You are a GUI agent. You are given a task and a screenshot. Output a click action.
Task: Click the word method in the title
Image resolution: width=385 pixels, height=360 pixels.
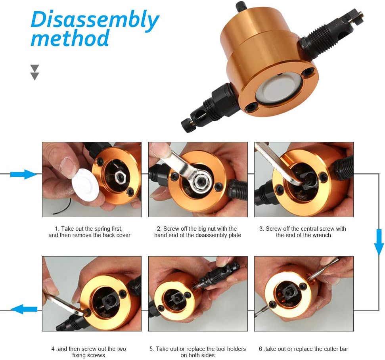pyautogui.click(x=70, y=38)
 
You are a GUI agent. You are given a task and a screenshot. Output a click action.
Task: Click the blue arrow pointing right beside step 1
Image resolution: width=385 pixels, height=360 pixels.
pyautogui.click(x=23, y=174)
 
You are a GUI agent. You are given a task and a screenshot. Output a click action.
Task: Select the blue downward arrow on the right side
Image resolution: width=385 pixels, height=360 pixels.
pyautogui.click(x=379, y=242)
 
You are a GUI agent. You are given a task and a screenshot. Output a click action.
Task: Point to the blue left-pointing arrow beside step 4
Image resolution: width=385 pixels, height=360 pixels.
pyautogui.click(x=24, y=309)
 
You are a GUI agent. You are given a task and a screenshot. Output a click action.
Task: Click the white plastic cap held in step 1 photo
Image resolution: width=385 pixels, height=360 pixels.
pyautogui.click(x=85, y=185)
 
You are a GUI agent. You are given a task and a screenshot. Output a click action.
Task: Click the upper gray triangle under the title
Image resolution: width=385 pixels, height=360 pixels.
pyautogui.click(x=34, y=68)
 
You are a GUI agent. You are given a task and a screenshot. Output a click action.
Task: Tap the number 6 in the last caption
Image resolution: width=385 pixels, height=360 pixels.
pyautogui.click(x=260, y=349)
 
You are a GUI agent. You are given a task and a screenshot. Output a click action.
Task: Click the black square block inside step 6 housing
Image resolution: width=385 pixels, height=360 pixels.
pyautogui.click(x=290, y=292)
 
